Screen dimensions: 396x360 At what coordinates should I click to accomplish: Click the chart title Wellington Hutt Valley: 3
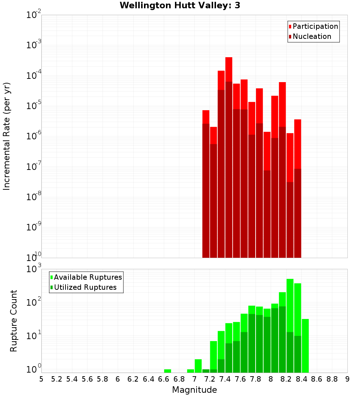(x=180, y=5)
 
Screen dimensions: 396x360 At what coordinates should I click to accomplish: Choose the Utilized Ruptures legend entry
(x=85, y=287)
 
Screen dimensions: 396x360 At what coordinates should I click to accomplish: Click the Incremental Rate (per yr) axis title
(x=6, y=136)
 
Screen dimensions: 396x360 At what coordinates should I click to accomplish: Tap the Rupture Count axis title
(x=13, y=321)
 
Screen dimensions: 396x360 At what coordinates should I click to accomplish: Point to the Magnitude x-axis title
(x=194, y=390)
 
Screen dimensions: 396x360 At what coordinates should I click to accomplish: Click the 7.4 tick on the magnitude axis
(x=225, y=379)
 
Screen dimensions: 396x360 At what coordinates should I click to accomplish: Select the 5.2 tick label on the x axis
(x=57, y=379)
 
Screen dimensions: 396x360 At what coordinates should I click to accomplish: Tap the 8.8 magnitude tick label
(x=332, y=379)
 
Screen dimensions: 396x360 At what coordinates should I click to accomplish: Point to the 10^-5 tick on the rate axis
(x=33, y=105)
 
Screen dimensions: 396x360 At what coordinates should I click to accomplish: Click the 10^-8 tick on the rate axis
(x=33, y=197)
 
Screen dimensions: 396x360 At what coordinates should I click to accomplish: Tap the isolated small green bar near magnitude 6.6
(x=167, y=371)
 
